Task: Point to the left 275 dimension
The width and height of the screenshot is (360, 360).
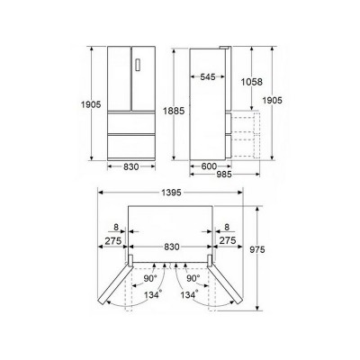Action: coord(112,242)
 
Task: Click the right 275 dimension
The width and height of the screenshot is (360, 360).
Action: coord(228,242)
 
